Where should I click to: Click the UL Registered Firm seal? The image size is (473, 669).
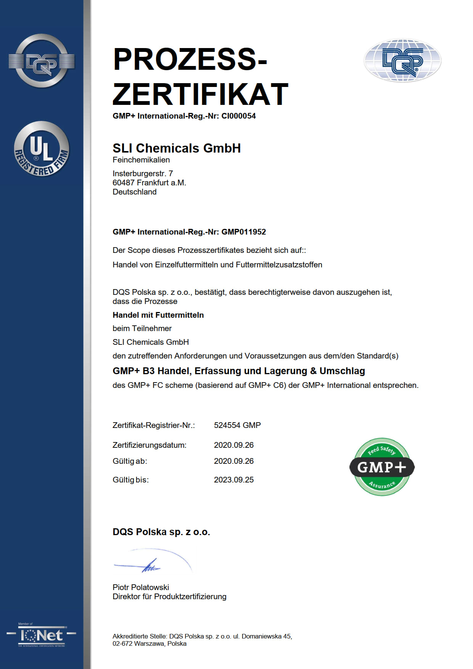[x=42, y=149]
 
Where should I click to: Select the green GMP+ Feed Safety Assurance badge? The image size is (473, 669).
[x=382, y=467]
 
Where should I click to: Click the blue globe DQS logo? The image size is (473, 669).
[x=402, y=61]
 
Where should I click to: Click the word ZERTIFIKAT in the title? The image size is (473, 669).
[x=200, y=94]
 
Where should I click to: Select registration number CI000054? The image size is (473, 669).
[x=238, y=116]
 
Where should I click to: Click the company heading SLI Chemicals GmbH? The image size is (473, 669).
[x=177, y=148]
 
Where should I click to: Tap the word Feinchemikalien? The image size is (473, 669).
[x=141, y=160]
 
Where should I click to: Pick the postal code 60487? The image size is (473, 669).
[x=123, y=183]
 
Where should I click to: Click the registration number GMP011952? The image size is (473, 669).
[x=243, y=232]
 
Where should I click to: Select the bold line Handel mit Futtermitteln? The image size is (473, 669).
[x=158, y=315]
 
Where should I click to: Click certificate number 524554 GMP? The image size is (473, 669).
[x=237, y=425]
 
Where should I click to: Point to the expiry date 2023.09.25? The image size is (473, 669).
[x=233, y=480]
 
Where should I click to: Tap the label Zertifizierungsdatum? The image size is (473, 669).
[x=149, y=445]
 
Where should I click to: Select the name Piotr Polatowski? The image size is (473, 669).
[x=141, y=587]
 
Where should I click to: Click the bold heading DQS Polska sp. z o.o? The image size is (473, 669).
[x=161, y=532]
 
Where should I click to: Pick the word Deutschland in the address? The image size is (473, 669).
[x=134, y=192]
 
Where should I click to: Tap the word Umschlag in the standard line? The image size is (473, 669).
[x=342, y=371]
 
